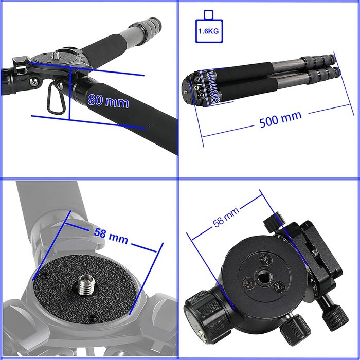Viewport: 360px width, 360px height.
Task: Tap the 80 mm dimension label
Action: (108, 101)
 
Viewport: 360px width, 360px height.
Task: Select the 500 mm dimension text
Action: (280, 119)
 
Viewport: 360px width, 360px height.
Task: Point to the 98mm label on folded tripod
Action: (213, 87)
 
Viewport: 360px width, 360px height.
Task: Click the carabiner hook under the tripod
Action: (56, 98)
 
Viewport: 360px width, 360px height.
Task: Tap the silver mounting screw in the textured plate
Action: (85, 285)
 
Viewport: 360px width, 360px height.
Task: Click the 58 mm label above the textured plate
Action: (111, 236)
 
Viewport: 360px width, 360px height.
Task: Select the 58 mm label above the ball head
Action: (226, 217)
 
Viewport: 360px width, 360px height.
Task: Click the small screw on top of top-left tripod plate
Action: (56, 56)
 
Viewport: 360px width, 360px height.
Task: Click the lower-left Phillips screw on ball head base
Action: (249, 284)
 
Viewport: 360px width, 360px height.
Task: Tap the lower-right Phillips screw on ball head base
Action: (279, 287)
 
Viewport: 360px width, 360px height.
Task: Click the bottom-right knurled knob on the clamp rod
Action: (335, 317)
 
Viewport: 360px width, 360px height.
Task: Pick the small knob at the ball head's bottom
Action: (295, 330)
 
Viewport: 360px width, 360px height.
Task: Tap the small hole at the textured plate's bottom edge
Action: (92, 319)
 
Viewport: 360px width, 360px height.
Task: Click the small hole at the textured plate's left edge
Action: (44, 276)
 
